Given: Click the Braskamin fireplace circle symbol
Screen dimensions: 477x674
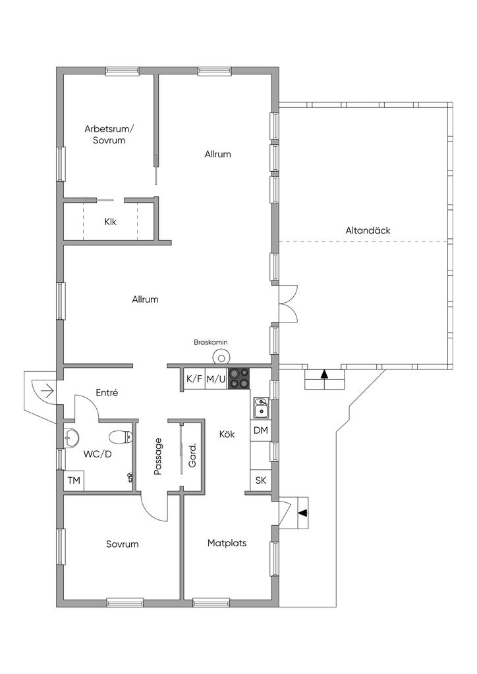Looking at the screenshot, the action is [x=222, y=356].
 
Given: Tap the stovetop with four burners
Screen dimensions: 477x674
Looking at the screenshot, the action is [x=238, y=378].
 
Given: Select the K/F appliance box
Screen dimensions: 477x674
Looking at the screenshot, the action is [x=194, y=378].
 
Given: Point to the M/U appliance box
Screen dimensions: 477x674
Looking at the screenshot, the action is [x=216, y=378].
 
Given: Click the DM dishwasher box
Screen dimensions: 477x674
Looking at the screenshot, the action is [x=261, y=430].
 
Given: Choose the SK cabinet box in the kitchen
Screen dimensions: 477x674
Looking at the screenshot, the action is [x=261, y=480].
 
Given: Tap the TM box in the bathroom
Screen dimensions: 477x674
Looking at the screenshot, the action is [x=74, y=480].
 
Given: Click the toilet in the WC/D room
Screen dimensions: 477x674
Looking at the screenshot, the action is [x=121, y=437].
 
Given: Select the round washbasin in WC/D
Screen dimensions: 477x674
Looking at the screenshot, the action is [x=71, y=438].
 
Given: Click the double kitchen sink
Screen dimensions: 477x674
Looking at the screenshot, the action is [x=261, y=407].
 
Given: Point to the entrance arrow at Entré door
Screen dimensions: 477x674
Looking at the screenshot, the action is [x=47, y=391].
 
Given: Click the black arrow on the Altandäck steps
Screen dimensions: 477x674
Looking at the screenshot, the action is [x=324, y=374].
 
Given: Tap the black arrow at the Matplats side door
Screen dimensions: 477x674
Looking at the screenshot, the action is [x=303, y=512].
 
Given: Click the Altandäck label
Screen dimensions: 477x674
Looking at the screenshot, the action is [x=368, y=230].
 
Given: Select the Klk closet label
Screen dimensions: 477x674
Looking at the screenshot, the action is [x=111, y=222].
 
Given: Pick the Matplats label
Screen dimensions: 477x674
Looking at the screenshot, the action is [x=227, y=543].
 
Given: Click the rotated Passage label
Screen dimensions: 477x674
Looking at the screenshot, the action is [x=157, y=456].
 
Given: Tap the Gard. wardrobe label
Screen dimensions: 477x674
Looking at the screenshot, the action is [x=192, y=455].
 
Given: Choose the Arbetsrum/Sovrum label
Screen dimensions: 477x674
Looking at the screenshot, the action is [x=109, y=134].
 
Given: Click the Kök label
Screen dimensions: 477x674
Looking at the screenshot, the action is [x=227, y=434].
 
